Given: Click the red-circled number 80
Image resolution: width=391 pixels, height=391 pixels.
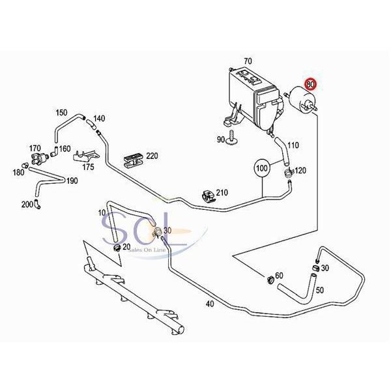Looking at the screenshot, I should [311, 84].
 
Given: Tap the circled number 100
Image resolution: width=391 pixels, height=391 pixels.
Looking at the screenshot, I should [262, 168].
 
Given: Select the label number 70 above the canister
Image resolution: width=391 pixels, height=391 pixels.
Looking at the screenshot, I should [248, 62].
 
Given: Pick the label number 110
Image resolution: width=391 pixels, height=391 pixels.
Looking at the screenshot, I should [293, 145].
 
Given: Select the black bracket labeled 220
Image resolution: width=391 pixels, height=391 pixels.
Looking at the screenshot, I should [133, 159].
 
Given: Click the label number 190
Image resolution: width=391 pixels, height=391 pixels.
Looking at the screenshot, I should [72, 181].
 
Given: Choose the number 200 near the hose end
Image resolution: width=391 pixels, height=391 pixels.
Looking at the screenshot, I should [26, 204].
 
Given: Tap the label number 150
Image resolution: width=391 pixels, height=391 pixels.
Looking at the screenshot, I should [61, 112].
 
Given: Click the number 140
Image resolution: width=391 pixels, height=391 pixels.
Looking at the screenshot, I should [99, 119].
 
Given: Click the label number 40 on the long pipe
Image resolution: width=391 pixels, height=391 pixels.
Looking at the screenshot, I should [209, 304].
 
